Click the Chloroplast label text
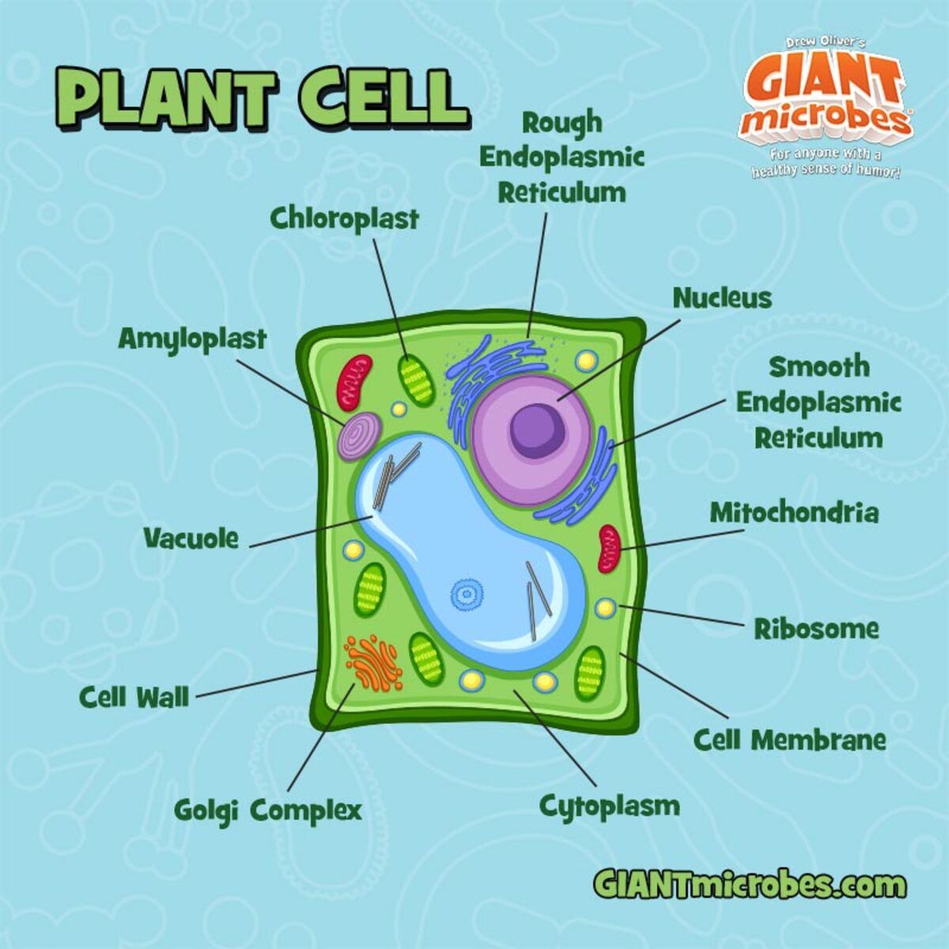344,219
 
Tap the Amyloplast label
192,339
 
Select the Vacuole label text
191,539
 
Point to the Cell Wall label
134,698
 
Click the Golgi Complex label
267,810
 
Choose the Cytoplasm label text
609,807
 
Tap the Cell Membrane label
789,740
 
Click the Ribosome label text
815,630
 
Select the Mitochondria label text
793,512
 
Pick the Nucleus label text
721,298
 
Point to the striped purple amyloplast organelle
360,436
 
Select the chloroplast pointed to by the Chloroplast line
416,380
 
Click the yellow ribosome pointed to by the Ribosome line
605,607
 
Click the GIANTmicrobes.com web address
749,883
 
